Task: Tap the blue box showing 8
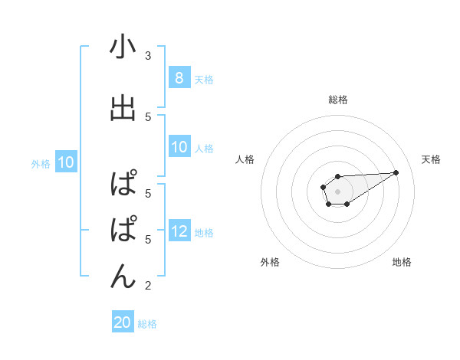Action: tap(179, 77)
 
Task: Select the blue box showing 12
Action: tap(179, 231)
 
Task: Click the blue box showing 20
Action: tap(123, 322)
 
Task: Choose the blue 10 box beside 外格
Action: tap(65, 162)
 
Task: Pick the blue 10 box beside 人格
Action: tap(179, 147)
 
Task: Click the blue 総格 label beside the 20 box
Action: tap(148, 324)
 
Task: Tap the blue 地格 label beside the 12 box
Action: tap(205, 233)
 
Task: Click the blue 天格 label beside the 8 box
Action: tap(204, 79)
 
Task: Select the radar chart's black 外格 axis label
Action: tap(270, 262)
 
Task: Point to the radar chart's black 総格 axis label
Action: tap(337, 100)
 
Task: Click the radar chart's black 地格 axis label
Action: tap(402, 262)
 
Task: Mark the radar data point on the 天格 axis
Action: tap(396, 172)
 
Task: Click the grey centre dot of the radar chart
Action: tap(337, 191)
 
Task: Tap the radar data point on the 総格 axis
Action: tap(337, 177)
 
